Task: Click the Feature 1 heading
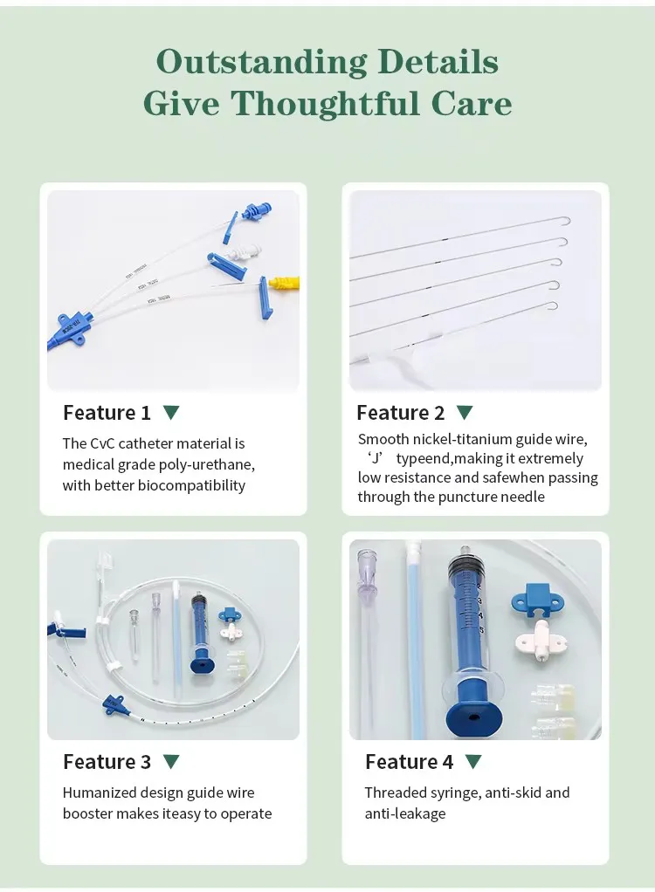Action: click(107, 413)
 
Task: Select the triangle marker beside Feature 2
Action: click(465, 413)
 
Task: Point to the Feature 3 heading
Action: click(107, 762)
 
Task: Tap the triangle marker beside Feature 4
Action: click(473, 762)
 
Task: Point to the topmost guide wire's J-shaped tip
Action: click(565, 221)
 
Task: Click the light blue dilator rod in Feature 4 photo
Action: click(414, 628)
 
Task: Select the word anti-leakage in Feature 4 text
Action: click(405, 813)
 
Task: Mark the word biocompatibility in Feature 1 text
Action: click(191, 485)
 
